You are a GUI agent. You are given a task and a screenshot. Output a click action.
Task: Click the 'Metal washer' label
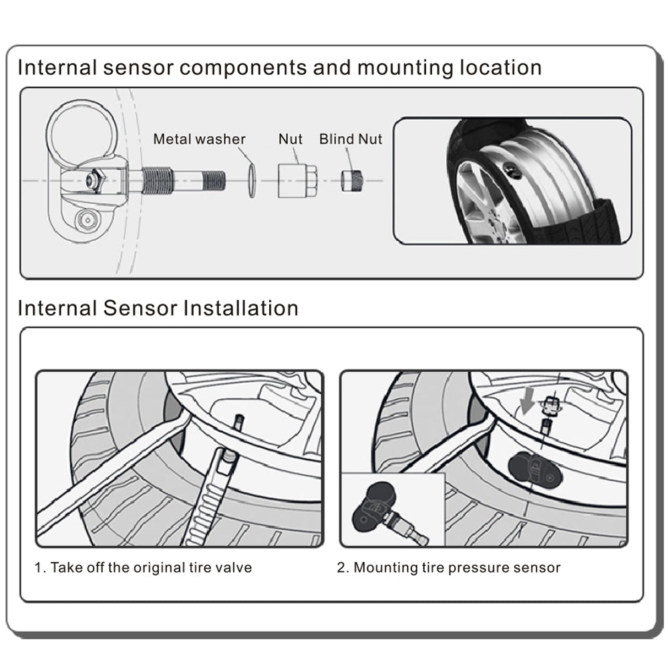tap(199, 139)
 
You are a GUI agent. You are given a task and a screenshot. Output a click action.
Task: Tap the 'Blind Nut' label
tap(351, 139)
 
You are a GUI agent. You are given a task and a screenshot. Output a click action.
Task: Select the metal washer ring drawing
tap(249, 180)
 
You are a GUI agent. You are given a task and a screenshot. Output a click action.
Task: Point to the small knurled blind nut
tap(351, 180)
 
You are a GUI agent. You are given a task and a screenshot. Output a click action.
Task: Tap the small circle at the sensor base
tap(85, 218)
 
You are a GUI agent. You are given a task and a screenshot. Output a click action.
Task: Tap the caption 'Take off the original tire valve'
tap(151, 568)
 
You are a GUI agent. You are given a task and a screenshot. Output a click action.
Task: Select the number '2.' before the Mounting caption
tap(343, 568)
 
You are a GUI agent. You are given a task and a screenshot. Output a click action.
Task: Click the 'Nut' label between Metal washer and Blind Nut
tap(291, 139)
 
